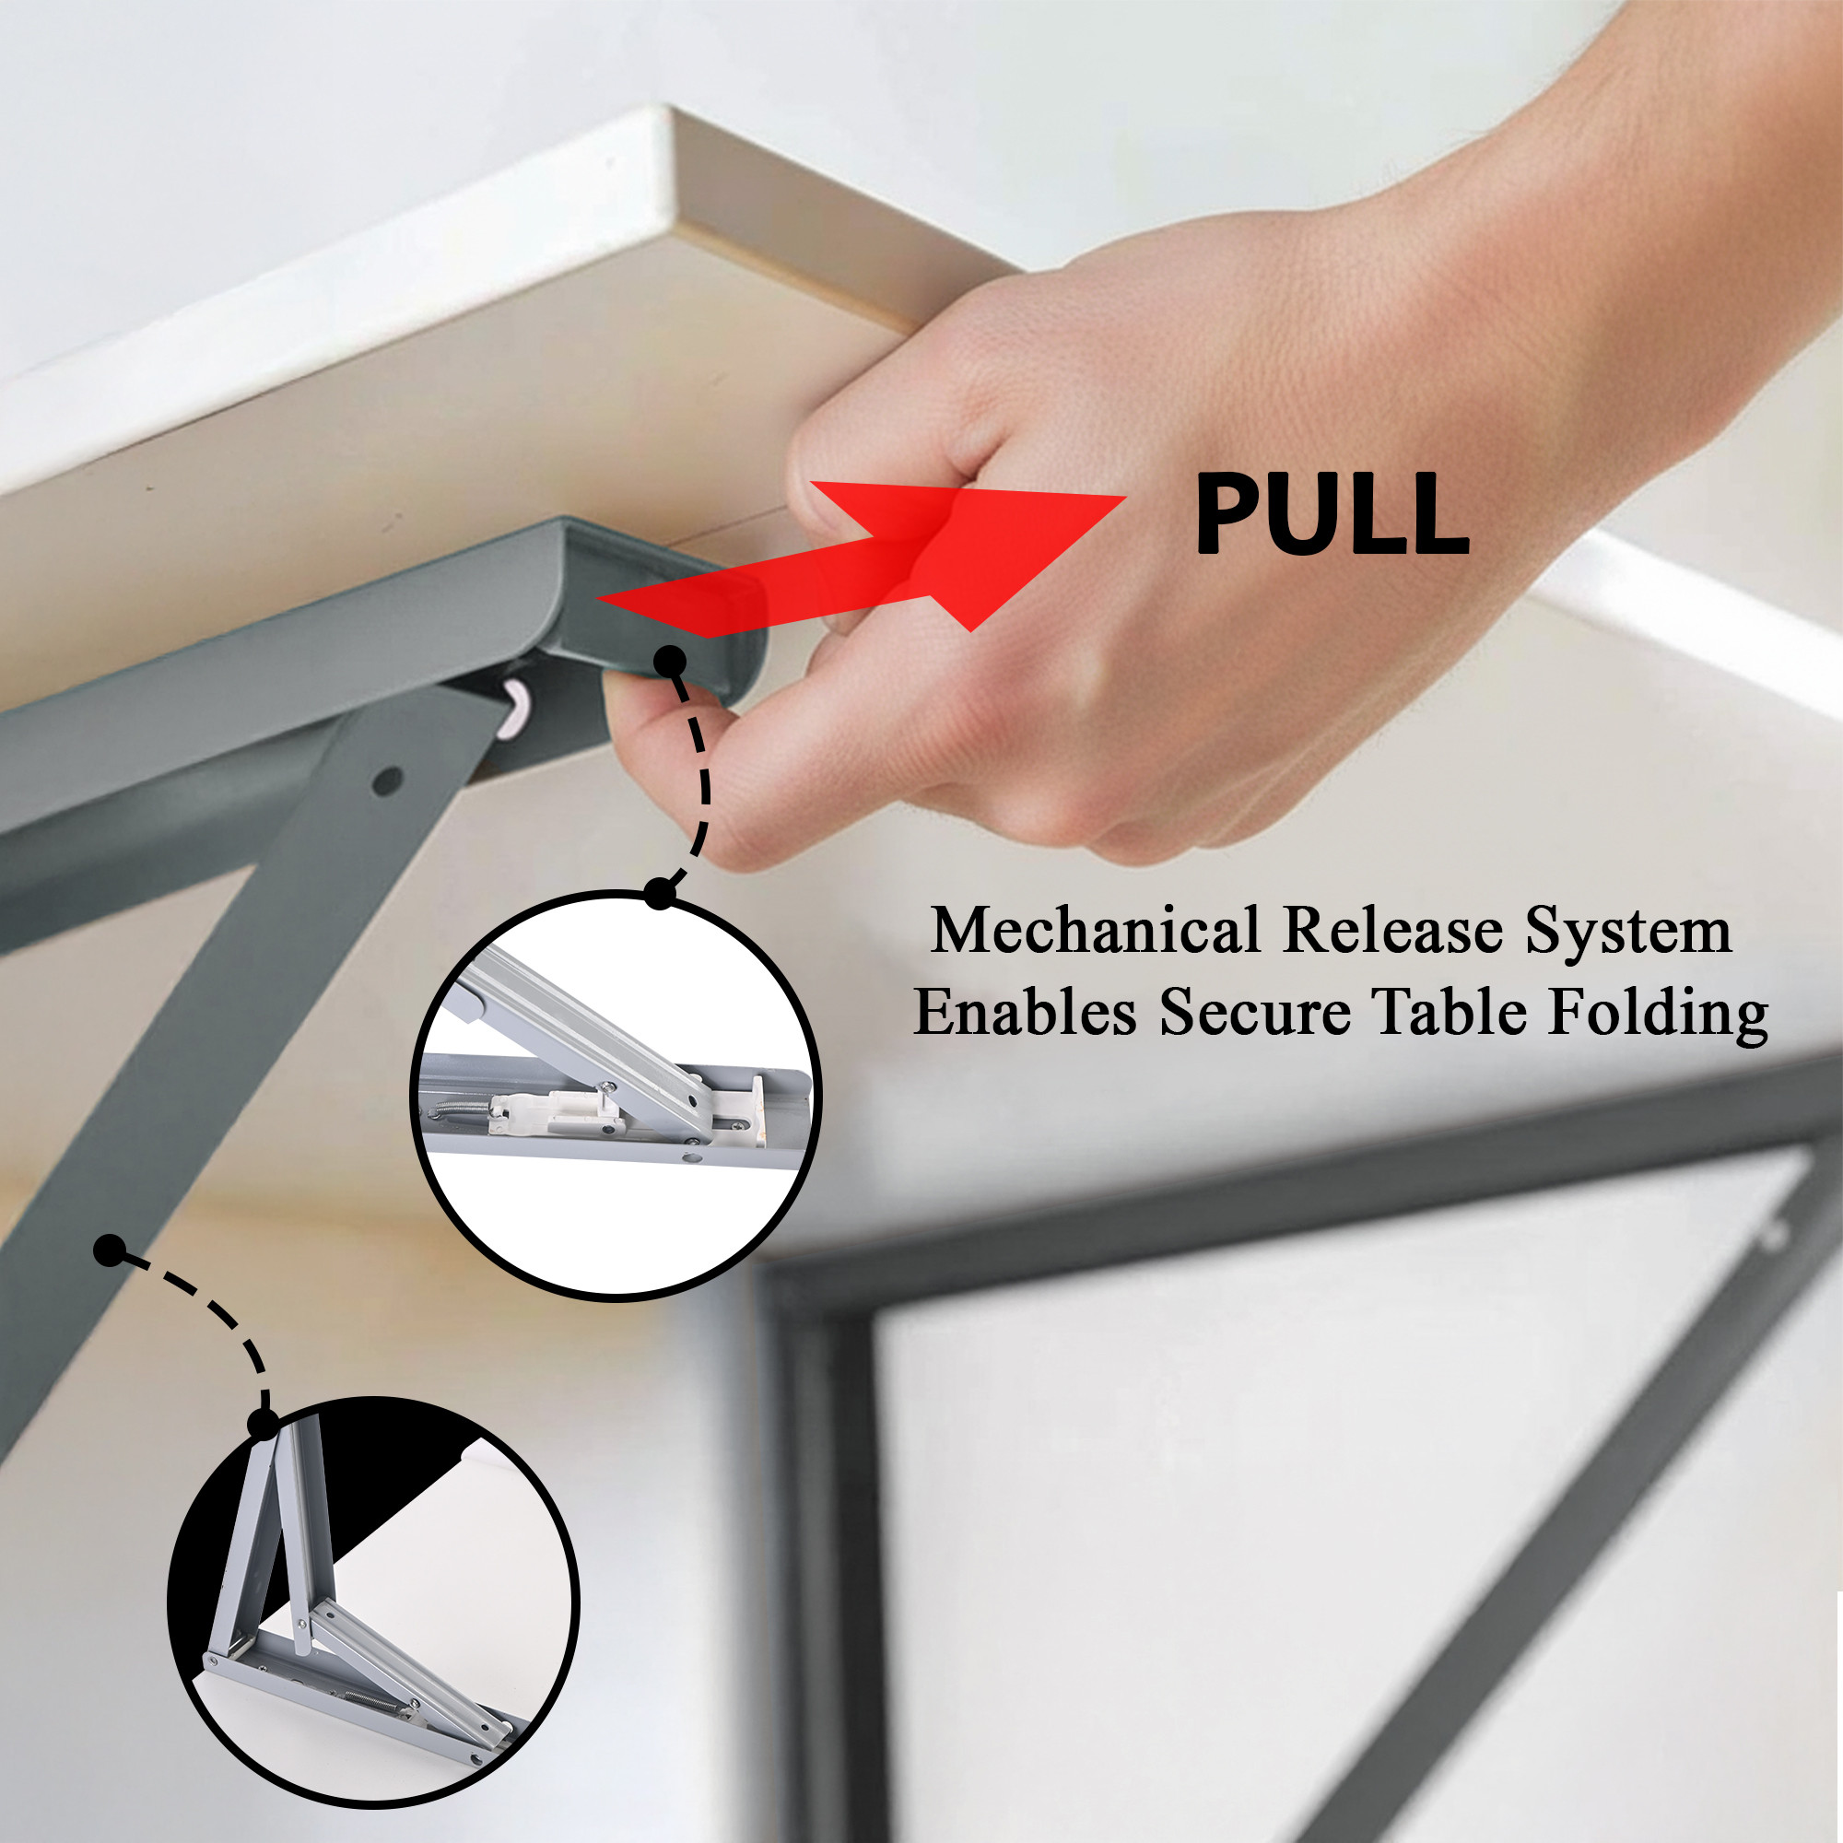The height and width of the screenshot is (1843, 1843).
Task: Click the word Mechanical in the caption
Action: coord(1096,929)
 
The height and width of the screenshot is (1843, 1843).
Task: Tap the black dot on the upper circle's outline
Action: coord(659,894)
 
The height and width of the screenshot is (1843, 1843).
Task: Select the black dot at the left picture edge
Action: coord(111,1250)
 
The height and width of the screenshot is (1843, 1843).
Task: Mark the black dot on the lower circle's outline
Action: coord(263,1426)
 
